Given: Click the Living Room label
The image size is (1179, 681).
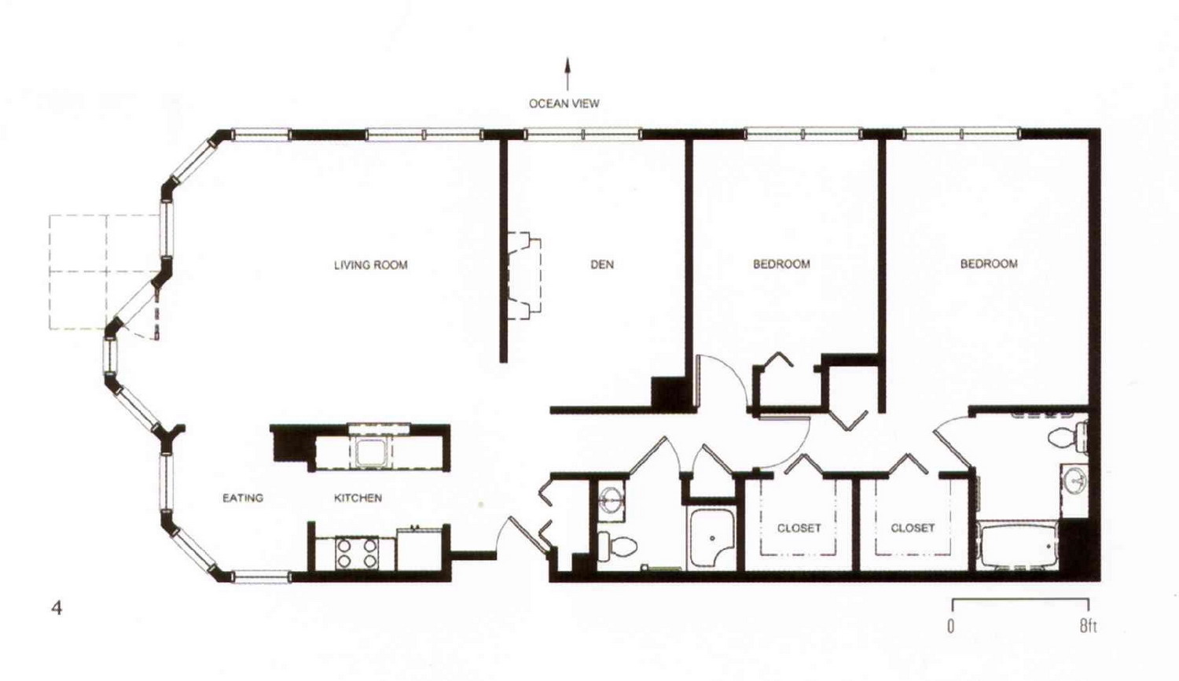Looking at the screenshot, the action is point(370,265).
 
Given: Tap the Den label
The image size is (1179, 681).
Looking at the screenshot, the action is point(601,264).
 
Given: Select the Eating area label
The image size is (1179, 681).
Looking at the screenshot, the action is point(243,498).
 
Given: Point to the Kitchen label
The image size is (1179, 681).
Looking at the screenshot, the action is point(358,498).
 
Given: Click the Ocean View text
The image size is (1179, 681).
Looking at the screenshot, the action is point(564,104).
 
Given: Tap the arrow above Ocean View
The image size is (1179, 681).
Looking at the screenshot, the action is point(567,74).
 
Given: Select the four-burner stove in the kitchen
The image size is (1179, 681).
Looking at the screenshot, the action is point(356,553).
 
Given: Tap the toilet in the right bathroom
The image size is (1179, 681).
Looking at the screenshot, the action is point(1067,437).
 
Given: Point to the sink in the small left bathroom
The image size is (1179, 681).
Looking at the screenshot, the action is point(611,498).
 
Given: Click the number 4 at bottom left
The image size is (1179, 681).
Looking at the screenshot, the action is point(57,609).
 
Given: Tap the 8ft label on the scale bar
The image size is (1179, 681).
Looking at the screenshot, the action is point(1088,626).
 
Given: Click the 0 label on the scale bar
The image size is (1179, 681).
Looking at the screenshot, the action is point(950,626).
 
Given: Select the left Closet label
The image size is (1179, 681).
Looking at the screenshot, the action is point(799,528).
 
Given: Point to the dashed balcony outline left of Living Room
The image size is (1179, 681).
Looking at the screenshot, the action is point(106,272).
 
